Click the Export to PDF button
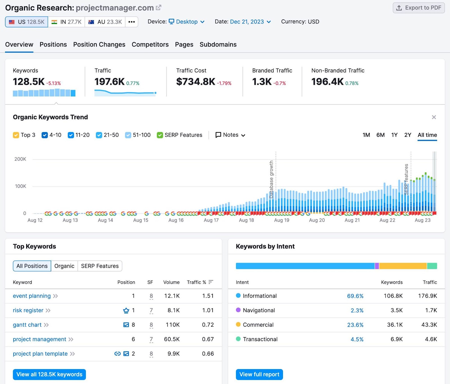tap(418, 8)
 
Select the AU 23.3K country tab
tap(105, 22)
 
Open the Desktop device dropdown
tap(187, 22)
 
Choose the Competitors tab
tap(150, 44)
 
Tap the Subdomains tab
tap(218, 44)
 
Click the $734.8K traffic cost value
tap(195, 82)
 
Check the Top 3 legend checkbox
tap(16, 135)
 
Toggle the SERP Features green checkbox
tap(160, 135)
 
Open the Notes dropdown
tap(230, 135)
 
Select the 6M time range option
tap(380, 135)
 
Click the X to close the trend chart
tap(434, 117)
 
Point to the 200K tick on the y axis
tap(20, 159)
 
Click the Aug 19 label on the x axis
tap(282, 220)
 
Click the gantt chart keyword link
tap(27, 325)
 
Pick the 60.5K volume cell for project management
tap(172, 339)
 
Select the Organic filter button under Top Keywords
tap(64, 266)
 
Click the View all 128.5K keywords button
tap(49, 374)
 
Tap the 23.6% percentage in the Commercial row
tap(355, 325)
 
